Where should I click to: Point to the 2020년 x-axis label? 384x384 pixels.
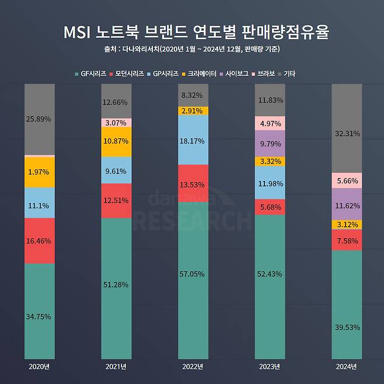coord(39,366)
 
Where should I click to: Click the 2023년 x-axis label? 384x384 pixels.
coord(270,366)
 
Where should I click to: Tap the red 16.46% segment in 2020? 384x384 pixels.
coord(39,240)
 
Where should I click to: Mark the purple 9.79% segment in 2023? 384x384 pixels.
coord(270,143)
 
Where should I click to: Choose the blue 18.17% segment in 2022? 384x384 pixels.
coord(193,140)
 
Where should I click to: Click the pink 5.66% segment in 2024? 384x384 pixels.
coord(347,180)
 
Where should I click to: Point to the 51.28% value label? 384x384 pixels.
coord(116,284)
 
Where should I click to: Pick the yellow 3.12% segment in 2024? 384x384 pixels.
coord(347,225)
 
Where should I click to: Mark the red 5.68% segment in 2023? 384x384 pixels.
coord(270,207)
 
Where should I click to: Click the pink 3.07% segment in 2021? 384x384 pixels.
coord(116,123)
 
